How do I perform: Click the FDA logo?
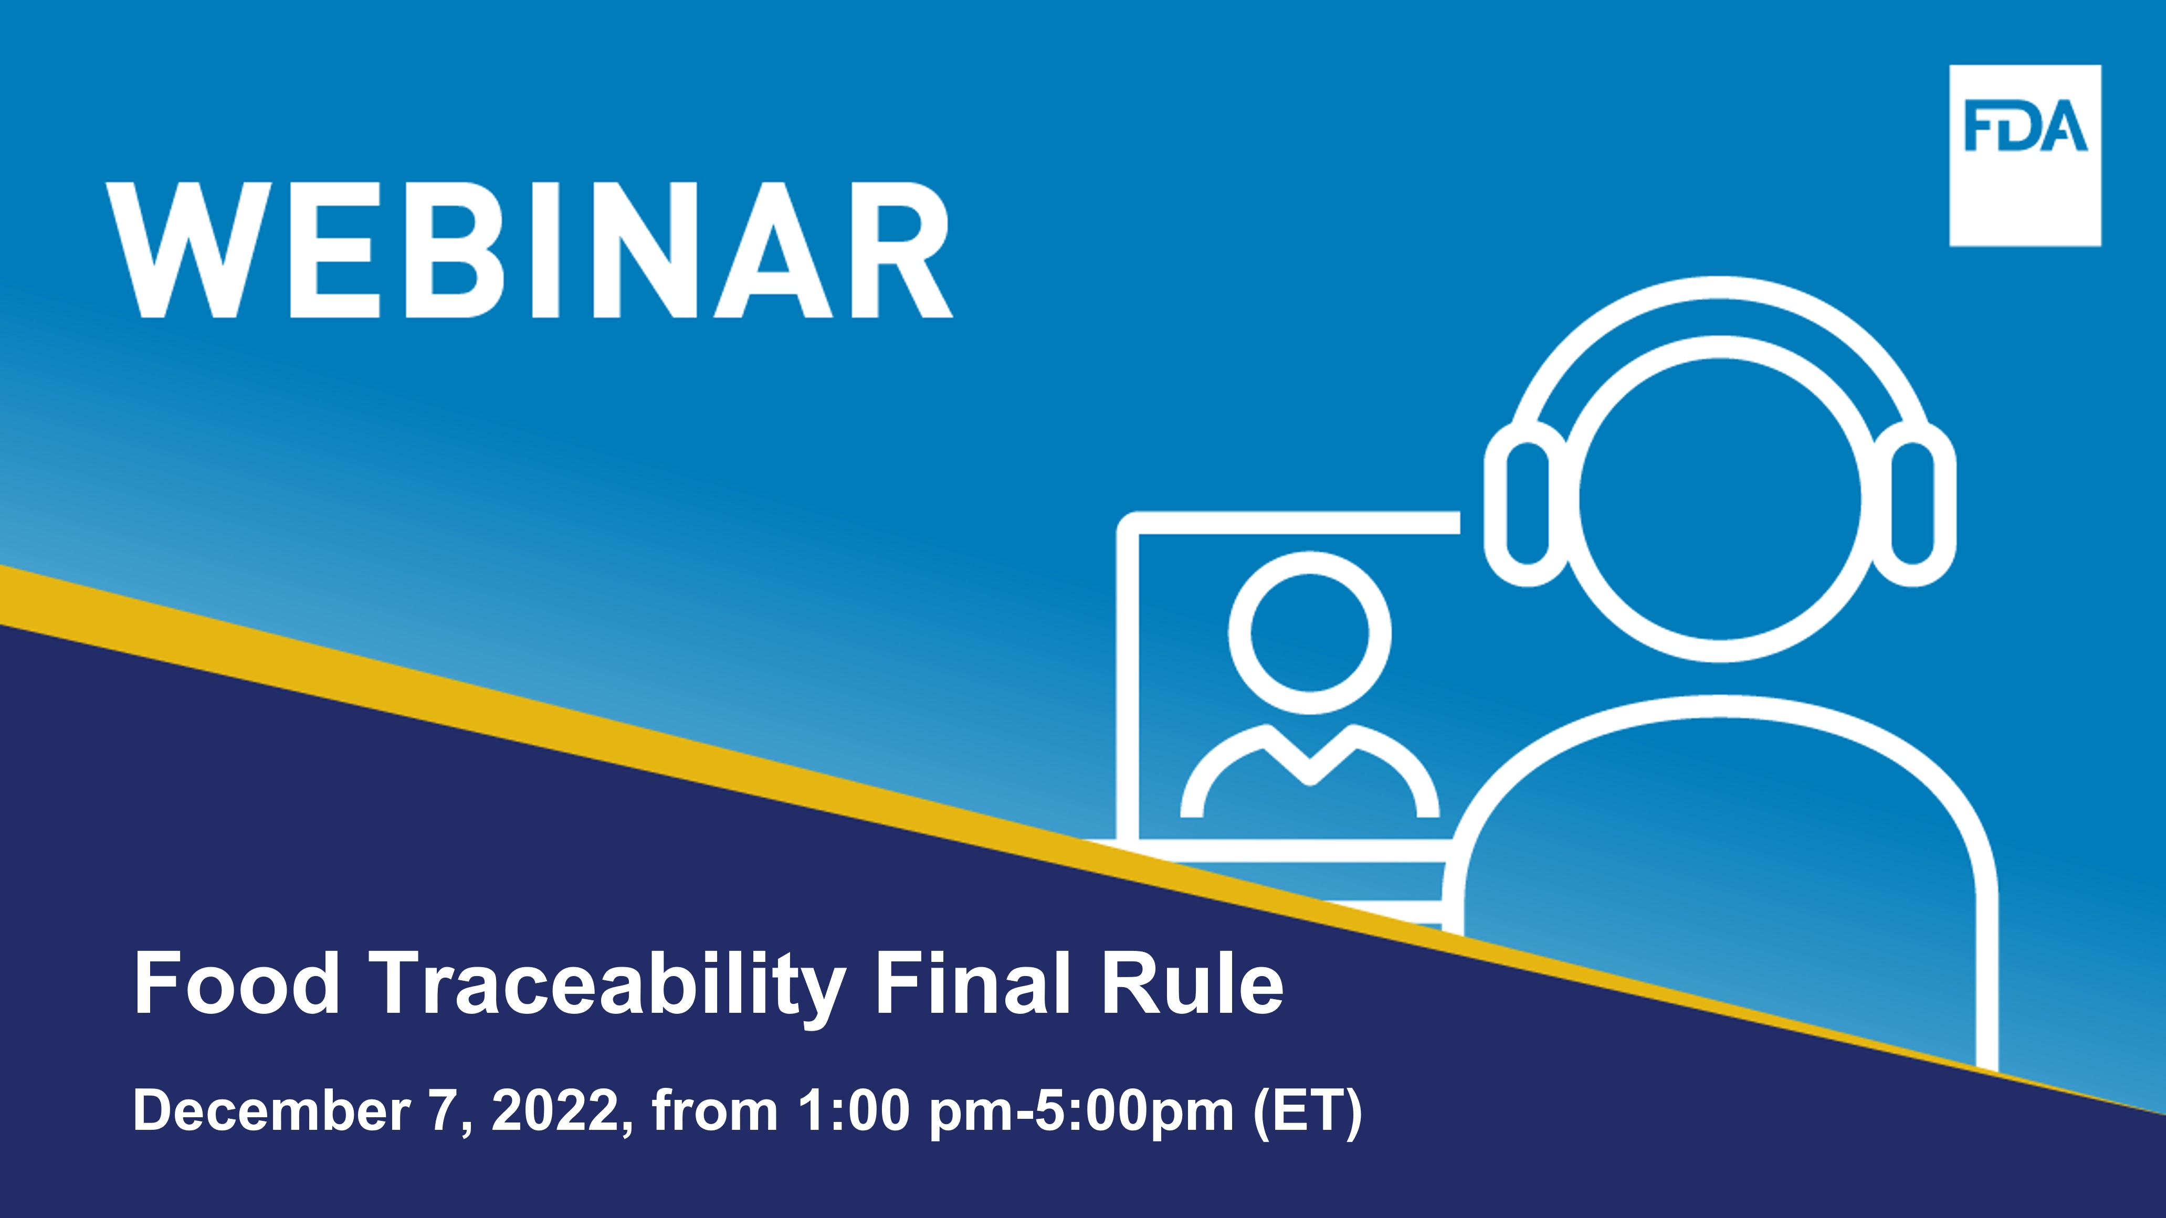tap(2025, 155)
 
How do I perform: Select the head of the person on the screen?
tap(1309, 633)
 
